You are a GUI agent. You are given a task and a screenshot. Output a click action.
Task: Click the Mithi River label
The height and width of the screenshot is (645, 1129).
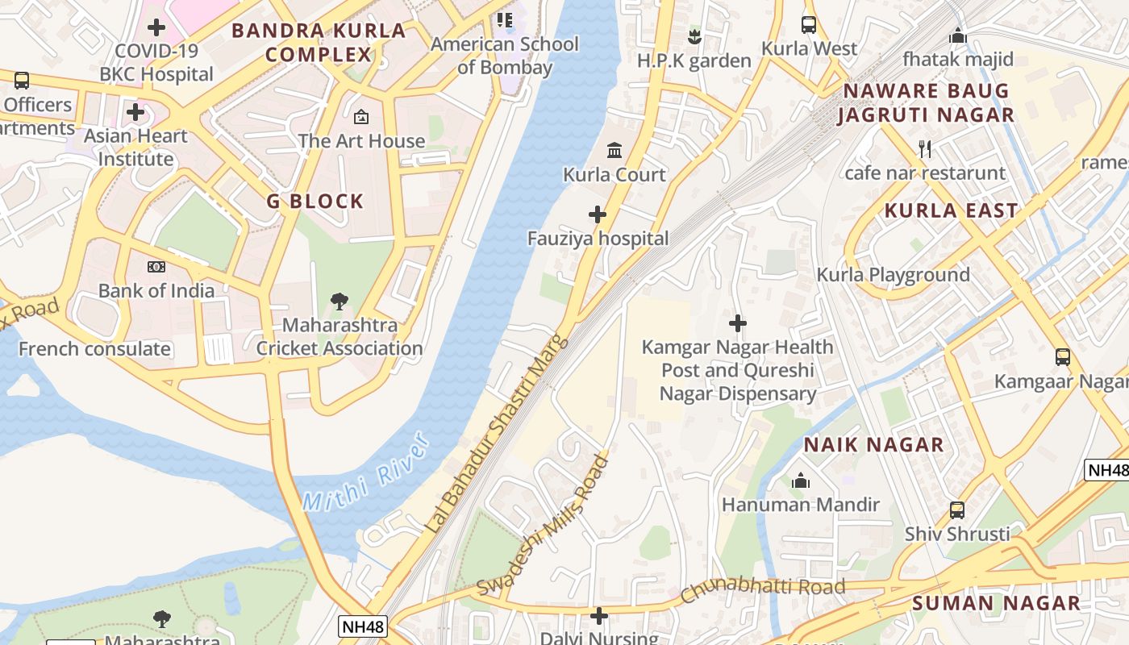365,474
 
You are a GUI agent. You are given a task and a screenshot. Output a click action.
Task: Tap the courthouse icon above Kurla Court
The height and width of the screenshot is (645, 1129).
614,150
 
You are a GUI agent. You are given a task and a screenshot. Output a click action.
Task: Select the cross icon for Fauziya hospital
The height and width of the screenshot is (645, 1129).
598,214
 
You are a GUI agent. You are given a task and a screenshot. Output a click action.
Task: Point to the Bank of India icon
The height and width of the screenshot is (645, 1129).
156,267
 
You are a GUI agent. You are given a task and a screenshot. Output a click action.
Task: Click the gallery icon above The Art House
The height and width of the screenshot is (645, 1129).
361,117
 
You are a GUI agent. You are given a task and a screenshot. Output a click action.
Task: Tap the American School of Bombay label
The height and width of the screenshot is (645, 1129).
505,56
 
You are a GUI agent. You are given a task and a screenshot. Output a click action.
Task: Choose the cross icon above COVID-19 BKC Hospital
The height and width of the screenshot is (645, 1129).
156,27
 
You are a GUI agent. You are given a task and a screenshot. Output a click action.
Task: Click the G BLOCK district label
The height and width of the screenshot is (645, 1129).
315,202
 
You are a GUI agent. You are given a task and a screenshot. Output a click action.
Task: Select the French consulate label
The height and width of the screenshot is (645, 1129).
94,349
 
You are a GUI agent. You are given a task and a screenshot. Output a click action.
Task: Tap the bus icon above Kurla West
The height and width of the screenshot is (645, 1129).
809,25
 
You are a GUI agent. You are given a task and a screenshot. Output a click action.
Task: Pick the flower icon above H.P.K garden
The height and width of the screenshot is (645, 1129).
694,36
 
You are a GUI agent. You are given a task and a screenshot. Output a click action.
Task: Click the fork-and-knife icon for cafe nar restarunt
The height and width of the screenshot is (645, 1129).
925,149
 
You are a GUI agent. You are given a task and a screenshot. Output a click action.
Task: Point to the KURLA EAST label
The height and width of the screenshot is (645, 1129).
952,211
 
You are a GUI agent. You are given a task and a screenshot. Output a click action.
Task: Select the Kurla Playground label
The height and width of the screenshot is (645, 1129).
893,275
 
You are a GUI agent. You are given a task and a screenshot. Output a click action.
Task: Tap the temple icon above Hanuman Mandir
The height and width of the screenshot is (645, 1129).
800,481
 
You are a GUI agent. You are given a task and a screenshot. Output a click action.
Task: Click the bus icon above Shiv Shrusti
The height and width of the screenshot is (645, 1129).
957,510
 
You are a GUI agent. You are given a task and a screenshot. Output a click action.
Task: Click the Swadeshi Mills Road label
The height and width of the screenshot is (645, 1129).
542,526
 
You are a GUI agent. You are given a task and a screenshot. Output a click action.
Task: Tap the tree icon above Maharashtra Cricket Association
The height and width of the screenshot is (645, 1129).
340,302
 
